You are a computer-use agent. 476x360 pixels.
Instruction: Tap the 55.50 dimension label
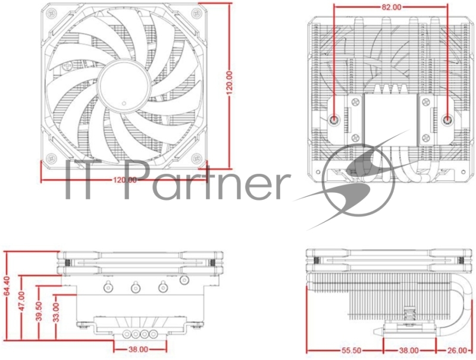tap(345, 351)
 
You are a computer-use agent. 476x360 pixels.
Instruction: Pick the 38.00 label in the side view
tap(409, 351)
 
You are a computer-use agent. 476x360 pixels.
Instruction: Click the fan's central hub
tap(123, 86)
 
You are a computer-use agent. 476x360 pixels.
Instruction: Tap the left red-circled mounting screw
tap(335, 118)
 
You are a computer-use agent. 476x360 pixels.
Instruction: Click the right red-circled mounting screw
tap(447, 118)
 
